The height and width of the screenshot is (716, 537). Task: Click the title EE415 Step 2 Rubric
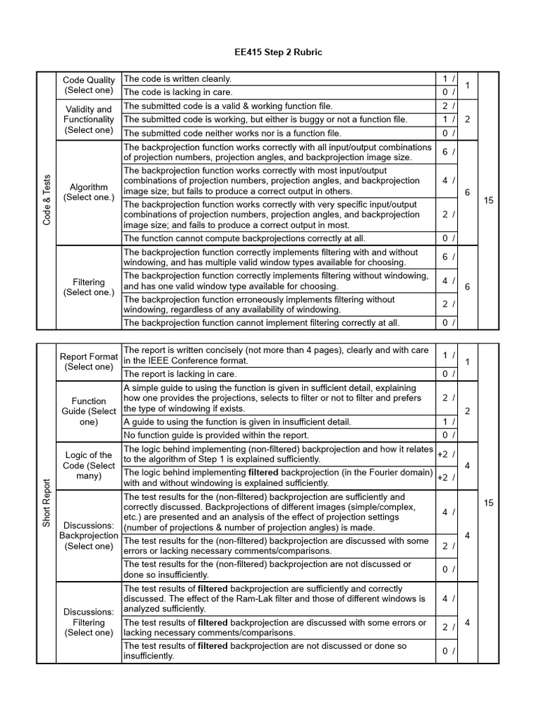[x=268, y=52]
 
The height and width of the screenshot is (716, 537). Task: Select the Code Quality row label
[x=89, y=85]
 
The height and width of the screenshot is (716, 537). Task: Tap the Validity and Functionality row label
[x=89, y=120]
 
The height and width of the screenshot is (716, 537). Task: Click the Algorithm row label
[x=89, y=192]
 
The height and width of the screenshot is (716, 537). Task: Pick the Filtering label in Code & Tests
[x=89, y=287]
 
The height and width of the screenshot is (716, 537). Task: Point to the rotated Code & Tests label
[x=45, y=200]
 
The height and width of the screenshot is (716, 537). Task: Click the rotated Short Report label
[x=45, y=503]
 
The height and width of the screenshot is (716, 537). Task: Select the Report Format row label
[x=89, y=361]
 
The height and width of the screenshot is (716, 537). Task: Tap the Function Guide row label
[x=89, y=411]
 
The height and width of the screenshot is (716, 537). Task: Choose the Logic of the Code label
[x=89, y=466]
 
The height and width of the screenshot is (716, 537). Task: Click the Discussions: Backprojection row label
[x=89, y=535]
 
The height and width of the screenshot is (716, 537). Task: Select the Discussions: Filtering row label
[x=89, y=622]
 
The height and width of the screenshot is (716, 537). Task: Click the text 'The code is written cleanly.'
[x=177, y=79]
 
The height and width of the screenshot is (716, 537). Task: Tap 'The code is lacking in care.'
[x=178, y=92]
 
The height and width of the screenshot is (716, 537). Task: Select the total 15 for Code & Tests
[x=488, y=201]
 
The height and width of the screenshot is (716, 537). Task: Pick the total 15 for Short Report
[x=488, y=503]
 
